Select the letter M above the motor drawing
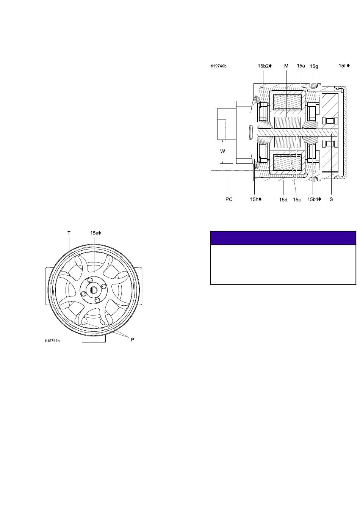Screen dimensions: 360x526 286,66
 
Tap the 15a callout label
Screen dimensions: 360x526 301,66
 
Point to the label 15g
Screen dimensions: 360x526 314,66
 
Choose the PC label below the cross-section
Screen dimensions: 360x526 229,199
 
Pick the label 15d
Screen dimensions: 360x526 283,199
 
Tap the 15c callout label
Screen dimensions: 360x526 297,199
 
